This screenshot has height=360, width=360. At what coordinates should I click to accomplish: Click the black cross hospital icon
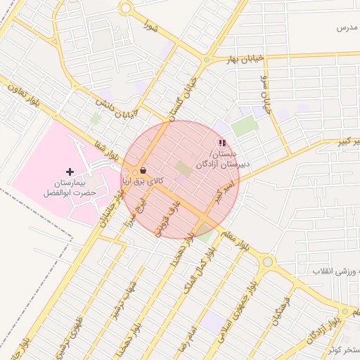tap(70, 171)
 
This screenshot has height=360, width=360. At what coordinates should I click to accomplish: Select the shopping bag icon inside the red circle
tap(143, 170)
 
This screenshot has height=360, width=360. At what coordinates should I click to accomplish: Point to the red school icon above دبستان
tap(222, 143)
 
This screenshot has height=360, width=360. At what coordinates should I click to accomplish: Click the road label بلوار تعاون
tap(25, 95)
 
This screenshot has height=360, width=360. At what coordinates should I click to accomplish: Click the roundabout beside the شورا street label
tap(126, 8)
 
